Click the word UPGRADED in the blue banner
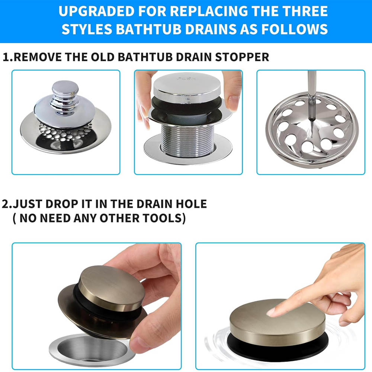pyautogui.click(x=96, y=11)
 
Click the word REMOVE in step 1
pyautogui.click(x=38, y=57)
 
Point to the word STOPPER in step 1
pyautogui.click(x=242, y=57)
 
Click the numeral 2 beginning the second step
pyautogui.click(x=5, y=204)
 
